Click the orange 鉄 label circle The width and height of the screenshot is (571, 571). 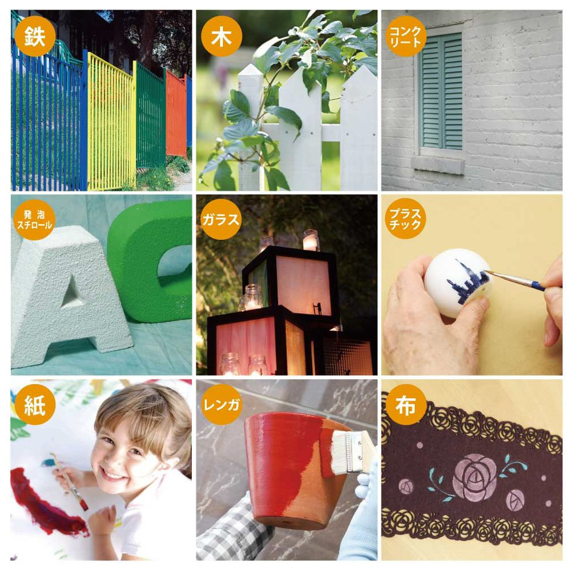pos(35,35)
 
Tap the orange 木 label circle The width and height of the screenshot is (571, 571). pos(222,36)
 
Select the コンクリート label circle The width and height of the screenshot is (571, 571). pos(405,35)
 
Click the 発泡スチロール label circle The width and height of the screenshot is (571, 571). pos(35,220)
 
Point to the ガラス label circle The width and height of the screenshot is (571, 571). pos(221,220)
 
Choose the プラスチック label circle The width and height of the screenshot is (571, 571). pos(405,219)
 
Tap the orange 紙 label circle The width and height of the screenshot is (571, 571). pos(35,404)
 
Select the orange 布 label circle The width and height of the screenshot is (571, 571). pos(405,404)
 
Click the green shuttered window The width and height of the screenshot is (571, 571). pos(441,91)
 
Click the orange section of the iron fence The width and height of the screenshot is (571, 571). pos(176,113)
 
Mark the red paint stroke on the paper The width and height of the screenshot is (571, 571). pos(47,502)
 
